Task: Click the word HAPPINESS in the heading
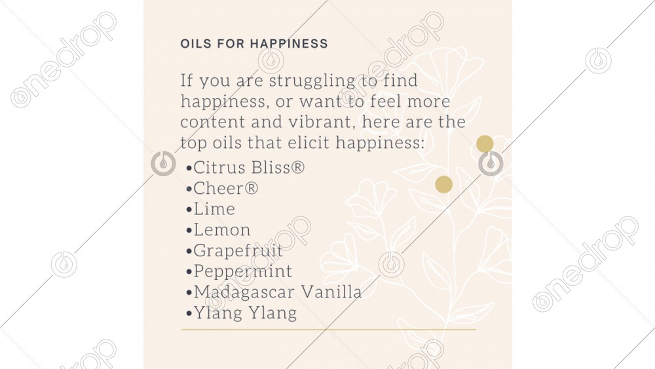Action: click(289, 43)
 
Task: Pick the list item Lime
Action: click(214, 209)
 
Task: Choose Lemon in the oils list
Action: click(222, 230)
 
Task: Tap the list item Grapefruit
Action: click(238, 251)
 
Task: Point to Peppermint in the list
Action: click(243, 271)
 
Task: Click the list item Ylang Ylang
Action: click(245, 313)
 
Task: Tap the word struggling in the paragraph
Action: click(312, 81)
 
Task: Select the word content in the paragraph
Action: click(213, 122)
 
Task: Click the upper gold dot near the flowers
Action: click(485, 144)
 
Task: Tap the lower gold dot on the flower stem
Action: click(443, 184)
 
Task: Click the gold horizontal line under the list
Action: click(329, 329)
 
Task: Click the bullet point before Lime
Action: click(189, 209)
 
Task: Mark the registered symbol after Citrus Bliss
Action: click(297, 167)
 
